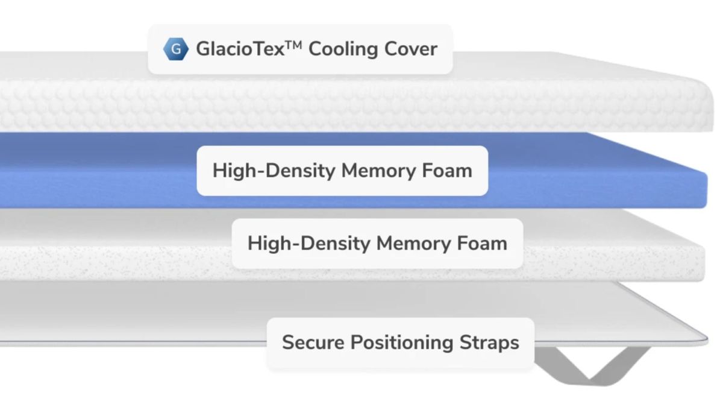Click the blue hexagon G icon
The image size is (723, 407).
[176, 49]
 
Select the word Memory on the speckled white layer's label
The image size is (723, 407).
[413, 244]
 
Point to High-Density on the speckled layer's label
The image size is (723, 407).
[309, 244]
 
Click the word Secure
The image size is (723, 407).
[313, 342]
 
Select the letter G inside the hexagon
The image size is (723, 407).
[176, 49]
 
